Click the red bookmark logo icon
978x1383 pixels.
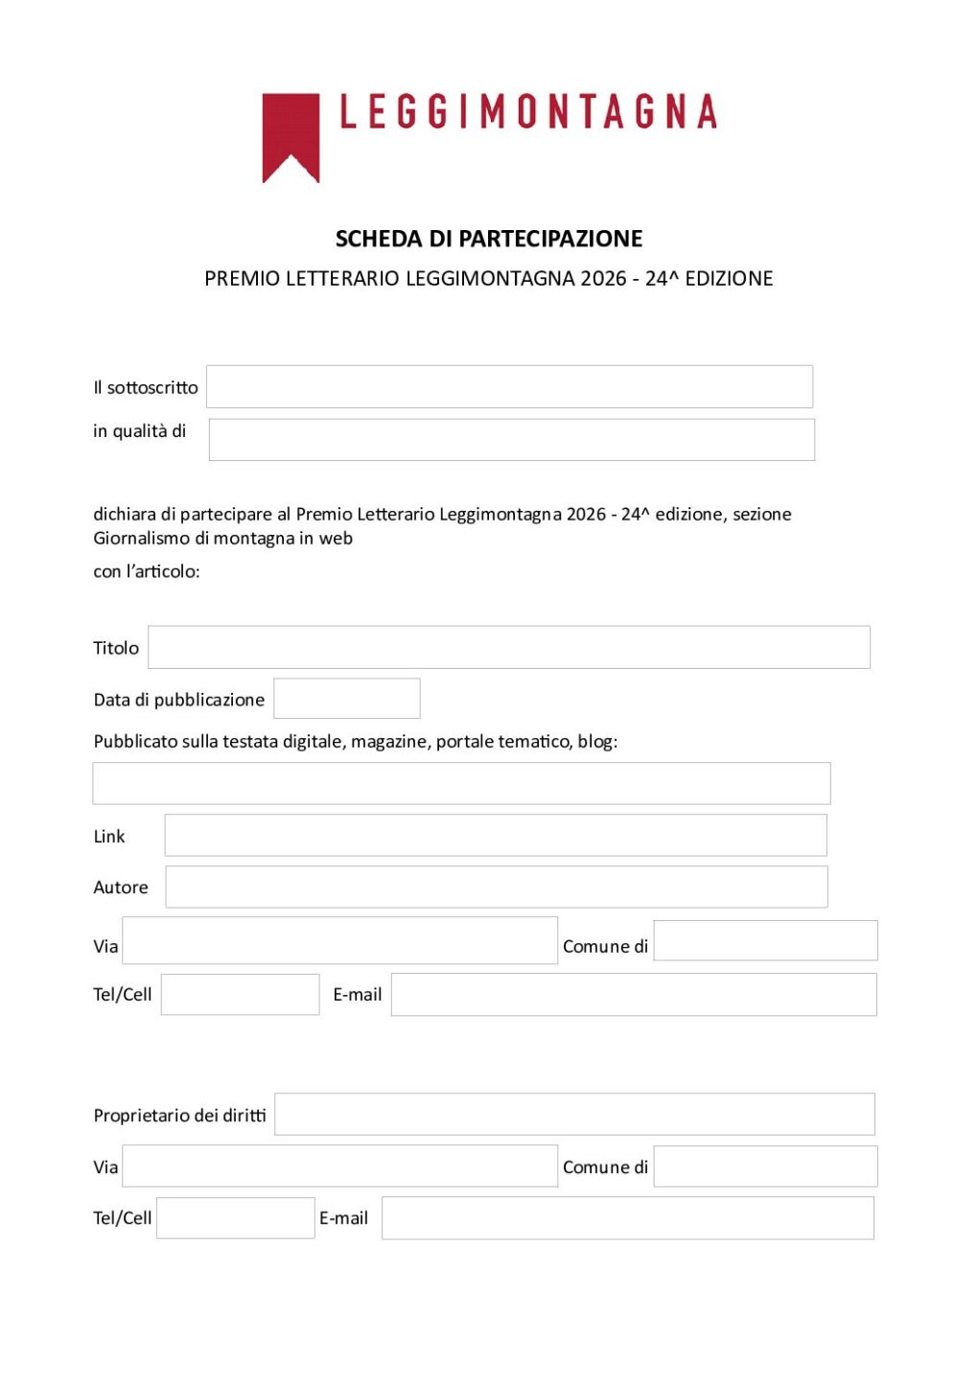pos(291,134)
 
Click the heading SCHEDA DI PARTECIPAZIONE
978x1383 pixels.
pos(489,239)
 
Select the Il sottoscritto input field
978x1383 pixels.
pos(509,386)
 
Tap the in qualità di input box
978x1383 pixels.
pos(511,439)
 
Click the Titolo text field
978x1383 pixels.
pos(508,647)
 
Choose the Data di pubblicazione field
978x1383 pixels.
pos(346,699)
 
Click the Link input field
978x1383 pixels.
pos(495,835)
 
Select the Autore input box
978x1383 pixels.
pos(496,887)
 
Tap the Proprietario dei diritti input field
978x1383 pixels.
pos(574,1114)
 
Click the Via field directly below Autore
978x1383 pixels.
pos(339,940)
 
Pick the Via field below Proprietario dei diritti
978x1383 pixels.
pos(339,1165)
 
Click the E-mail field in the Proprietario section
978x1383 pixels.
pos(627,1217)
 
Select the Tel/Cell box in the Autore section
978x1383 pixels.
pos(240,994)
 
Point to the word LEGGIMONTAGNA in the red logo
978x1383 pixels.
pos(528,112)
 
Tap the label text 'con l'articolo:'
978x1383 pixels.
pos(147,571)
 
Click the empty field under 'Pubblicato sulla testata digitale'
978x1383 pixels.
pos(460,783)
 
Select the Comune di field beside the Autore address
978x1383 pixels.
pos(765,940)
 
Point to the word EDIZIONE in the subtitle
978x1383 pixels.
pos(729,279)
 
